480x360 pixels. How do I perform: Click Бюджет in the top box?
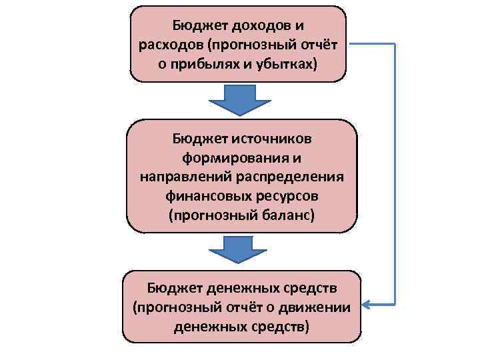click(x=199, y=25)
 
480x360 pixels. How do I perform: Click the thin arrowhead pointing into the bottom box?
click(x=368, y=306)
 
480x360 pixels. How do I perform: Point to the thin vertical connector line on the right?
click(x=395, y=173)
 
